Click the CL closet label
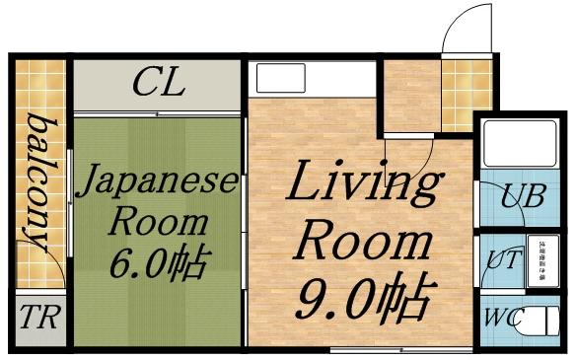coord(158,83)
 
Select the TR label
coord(37,320)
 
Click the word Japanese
coord(157,182)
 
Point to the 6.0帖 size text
coord(158,262)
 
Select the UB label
coord(522,195)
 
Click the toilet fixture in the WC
coord(541,322)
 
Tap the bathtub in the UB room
coord(523,147)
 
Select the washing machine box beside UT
coord(541,260)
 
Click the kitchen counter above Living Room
coord(313,78)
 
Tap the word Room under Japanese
coord(158,222)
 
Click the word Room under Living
coord(365,240)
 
